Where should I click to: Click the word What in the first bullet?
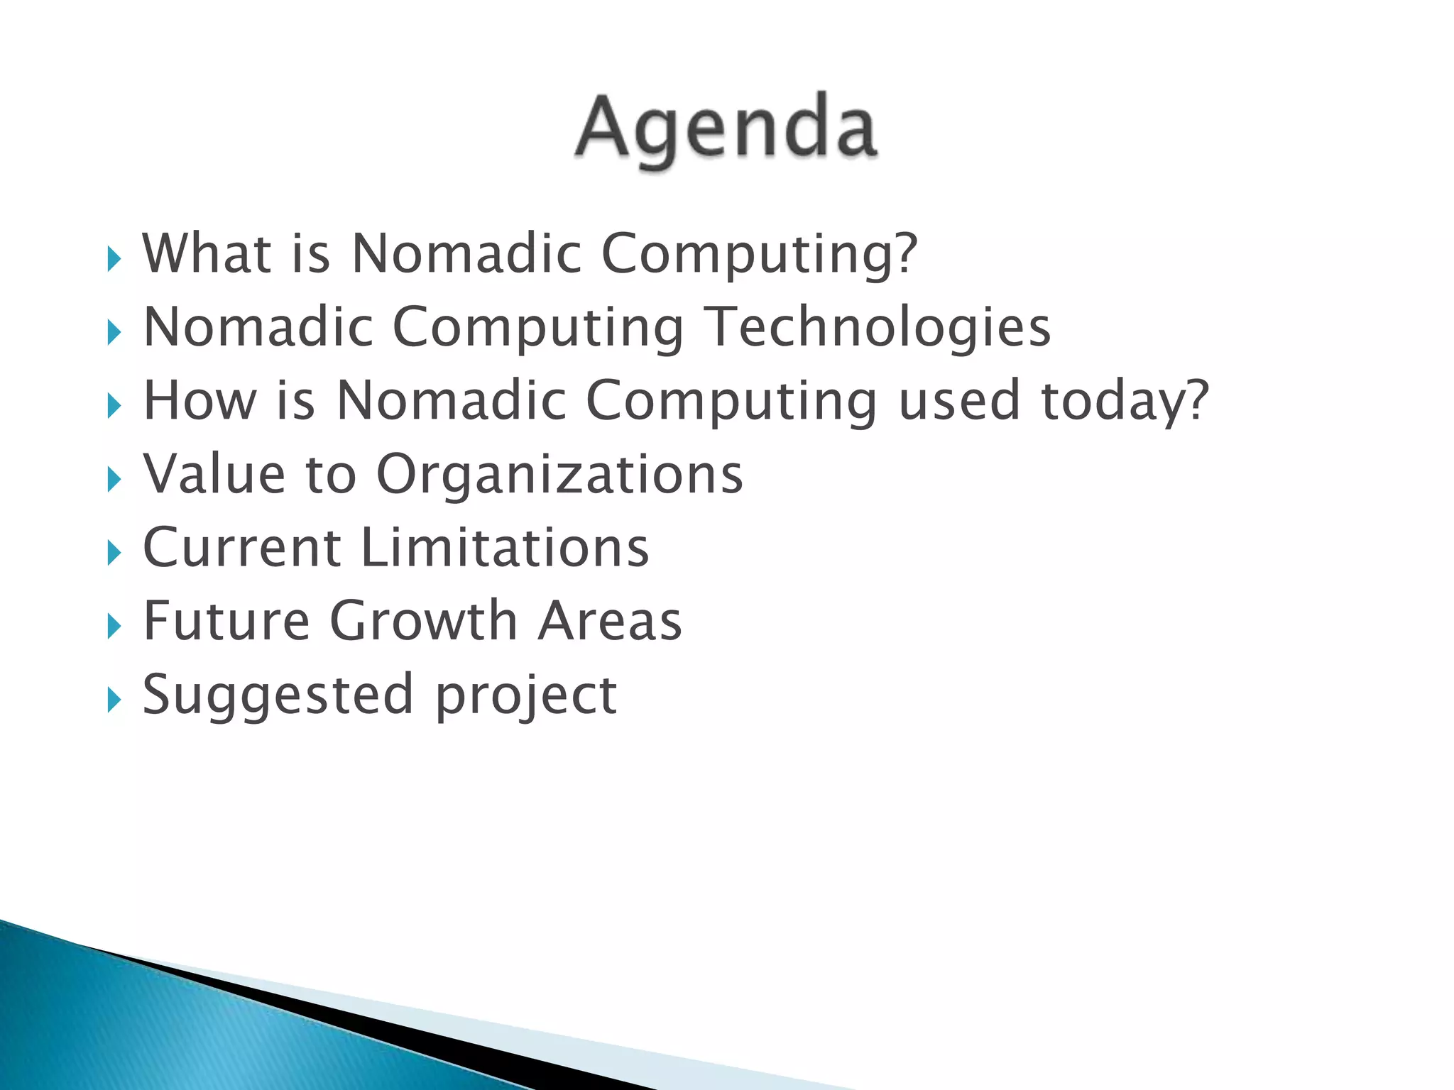coord(207,253)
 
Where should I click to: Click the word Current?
coord(242,548)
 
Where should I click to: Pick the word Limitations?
coord(505,548)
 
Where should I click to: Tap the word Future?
coord(226,621)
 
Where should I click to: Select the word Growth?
coord(423,621)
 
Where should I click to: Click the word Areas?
coord(609,621)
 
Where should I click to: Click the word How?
coord(199,401)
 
